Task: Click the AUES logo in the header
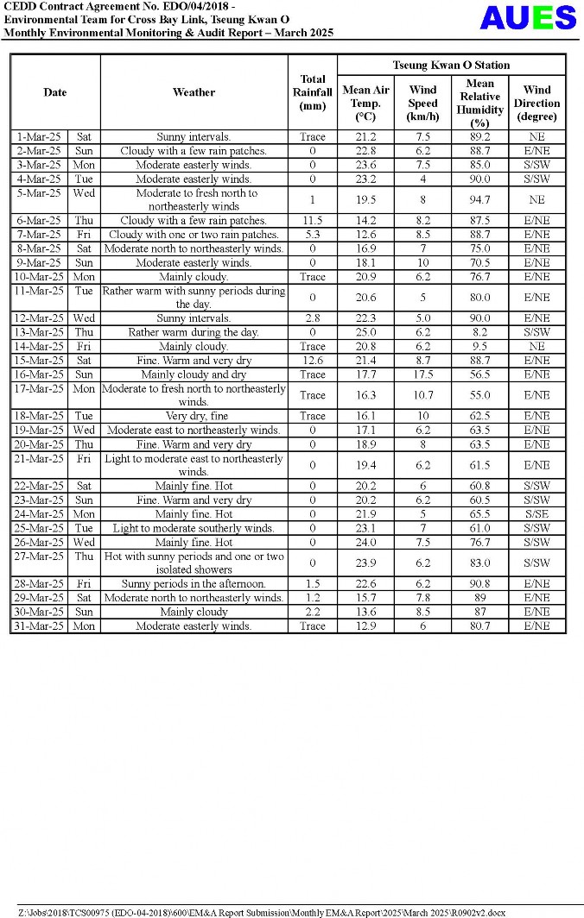pos(528,18)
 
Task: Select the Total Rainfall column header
pos(312,92)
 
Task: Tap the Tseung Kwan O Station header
pos(451,65)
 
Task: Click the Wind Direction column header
pos(536,103)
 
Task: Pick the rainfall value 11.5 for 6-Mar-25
pos(312,221)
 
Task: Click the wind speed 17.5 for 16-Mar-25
pos(422,374)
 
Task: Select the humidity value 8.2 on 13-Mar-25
pos(479,332)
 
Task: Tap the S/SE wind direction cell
pos(536,514)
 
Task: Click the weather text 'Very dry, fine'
pos(194,416)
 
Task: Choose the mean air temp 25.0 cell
pos(365,332)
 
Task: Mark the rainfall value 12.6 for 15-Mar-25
pos(312,361)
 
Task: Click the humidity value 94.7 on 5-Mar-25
pos(479,200)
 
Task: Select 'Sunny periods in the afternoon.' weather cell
pos(194,584)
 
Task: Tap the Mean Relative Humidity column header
pos(479,103)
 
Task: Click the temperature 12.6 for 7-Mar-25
pos(365,235)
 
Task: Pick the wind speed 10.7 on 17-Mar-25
pos(422,395)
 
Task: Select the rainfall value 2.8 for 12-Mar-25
pos(312,318)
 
